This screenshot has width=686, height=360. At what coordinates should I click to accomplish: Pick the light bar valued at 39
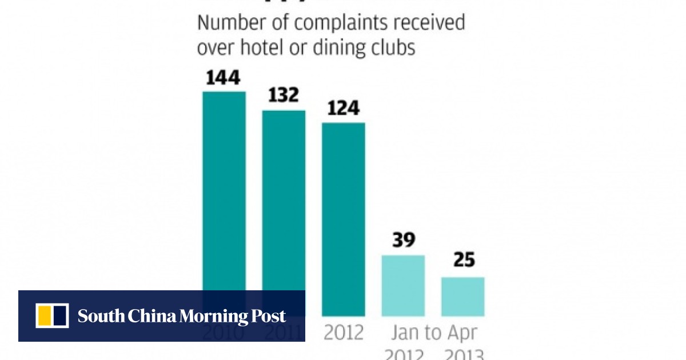(x=403, y=285)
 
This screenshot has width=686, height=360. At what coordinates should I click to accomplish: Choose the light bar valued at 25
(x=462, y=296)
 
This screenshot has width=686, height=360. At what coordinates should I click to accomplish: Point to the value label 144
(x=224, y=77)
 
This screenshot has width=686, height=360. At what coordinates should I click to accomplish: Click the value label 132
(x=283, y=95)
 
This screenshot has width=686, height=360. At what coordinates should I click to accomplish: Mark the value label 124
(x=343, y=108)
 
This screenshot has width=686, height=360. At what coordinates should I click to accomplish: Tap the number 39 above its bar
(x=403, y=240)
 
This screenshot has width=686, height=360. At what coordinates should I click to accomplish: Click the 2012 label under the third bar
(x=343, y=333)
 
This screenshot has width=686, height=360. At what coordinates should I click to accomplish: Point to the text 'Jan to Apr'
(x=434, y=333)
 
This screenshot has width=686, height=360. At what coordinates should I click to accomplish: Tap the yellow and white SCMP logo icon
(x=52, y=315)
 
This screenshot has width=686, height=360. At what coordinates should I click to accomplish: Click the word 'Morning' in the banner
(x=214, y=316)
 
